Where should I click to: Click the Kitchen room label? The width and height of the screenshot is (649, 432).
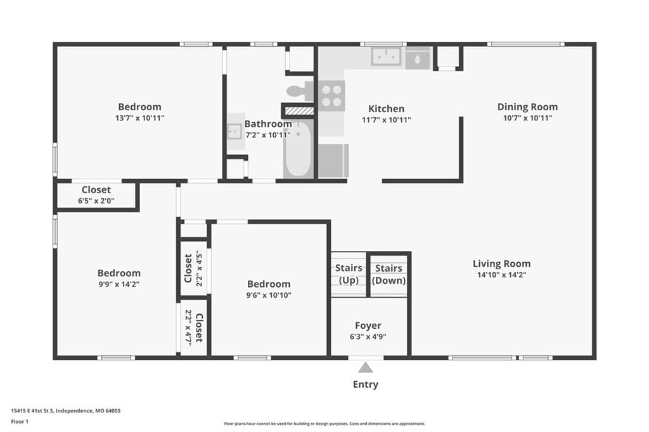click(x=386, y=109)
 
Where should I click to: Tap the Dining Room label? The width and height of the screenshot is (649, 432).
click(x=527, y=107)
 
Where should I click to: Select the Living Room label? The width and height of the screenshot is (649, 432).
click(x=502, y=264)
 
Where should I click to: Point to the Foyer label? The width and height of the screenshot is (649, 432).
click(x=368, y=326)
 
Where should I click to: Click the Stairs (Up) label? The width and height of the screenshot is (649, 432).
click(x=349, y=274)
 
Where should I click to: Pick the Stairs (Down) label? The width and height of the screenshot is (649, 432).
click(x=389, y=274)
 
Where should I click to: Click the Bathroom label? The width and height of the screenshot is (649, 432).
click(x=268, y=124)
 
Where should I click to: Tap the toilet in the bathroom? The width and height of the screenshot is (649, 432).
click(x=300, y=91)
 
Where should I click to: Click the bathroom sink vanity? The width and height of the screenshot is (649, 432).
click(x=235, y=132)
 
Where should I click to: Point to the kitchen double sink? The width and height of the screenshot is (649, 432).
click(x=386, y=56)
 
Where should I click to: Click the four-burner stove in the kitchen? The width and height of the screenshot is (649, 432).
click(x=331, y=96)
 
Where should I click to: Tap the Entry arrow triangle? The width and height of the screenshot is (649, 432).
click(x=365, y=367)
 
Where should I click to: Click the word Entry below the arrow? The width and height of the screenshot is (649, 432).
click(x=366, y=384)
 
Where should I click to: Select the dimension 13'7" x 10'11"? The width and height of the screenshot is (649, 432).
click(x=140, y=118)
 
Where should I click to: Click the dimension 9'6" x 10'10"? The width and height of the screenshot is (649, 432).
click(x=269, y=295)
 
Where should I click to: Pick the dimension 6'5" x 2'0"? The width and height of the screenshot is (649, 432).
click(x=96, y=201)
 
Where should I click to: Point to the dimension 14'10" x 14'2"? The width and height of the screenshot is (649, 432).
click(x=502, y=275)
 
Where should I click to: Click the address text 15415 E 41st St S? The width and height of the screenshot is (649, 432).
click(x=32, y=411)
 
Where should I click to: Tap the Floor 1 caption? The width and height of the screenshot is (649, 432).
click(x=20, y=422)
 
